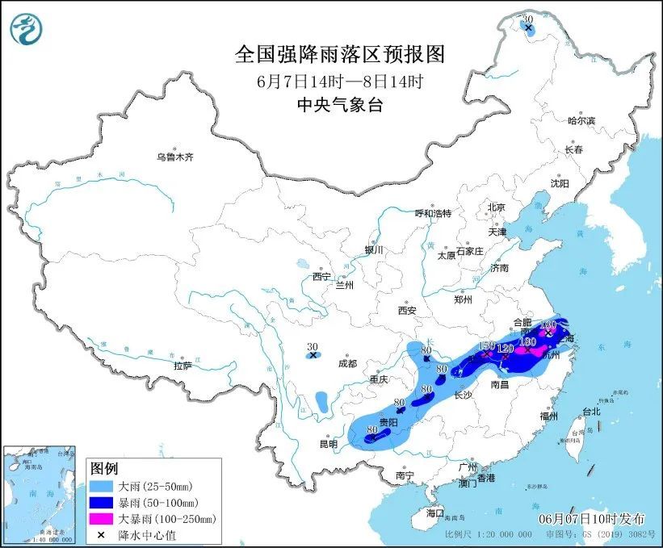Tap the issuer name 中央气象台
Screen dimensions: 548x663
click(339, 103)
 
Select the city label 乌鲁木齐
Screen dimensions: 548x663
click(175, 157)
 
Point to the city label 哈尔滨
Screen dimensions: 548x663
click(581, 120)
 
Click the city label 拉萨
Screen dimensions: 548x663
click(183, 365)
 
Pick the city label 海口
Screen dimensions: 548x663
click(435, 513)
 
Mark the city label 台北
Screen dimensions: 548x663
click(592, 412)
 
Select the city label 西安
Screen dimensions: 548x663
click(406, 310)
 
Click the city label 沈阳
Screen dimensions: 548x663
click(559, 184)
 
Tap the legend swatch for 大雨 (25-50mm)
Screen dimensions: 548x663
click(102, 487)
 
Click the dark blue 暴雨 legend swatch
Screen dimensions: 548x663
click(102, 503)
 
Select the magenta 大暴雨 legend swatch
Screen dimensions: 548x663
click(102, 519)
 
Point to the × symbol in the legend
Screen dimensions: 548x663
click(102, 534)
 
